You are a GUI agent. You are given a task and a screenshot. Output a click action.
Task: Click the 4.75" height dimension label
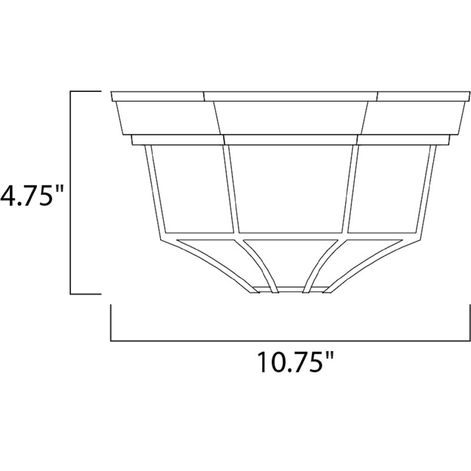pyautogui.click(x=31, y=194)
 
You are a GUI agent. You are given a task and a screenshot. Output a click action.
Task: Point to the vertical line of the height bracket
pyautogui.click(x=71, y=193)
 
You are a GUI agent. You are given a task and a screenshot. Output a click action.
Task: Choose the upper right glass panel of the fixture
pyautogui.click(x=390, y=187)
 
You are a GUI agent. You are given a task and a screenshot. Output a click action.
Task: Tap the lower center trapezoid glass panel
pyautogui.click(x=288, y=264)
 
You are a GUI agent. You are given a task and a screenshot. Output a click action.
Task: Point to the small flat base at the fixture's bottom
pyautogui.click(x=288, y=290)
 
